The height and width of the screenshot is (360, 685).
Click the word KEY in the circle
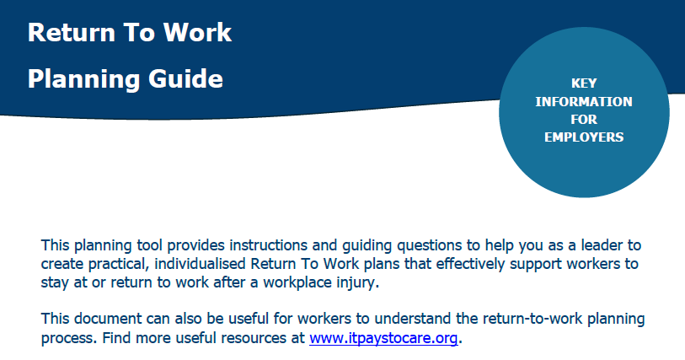584,83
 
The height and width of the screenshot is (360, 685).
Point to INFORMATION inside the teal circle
584,101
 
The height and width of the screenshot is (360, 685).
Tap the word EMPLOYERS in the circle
584,137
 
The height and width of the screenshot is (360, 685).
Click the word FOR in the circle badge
584,119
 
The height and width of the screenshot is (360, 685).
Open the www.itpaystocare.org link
383,338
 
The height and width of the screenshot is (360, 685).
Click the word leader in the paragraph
601,245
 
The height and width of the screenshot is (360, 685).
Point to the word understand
412,319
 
